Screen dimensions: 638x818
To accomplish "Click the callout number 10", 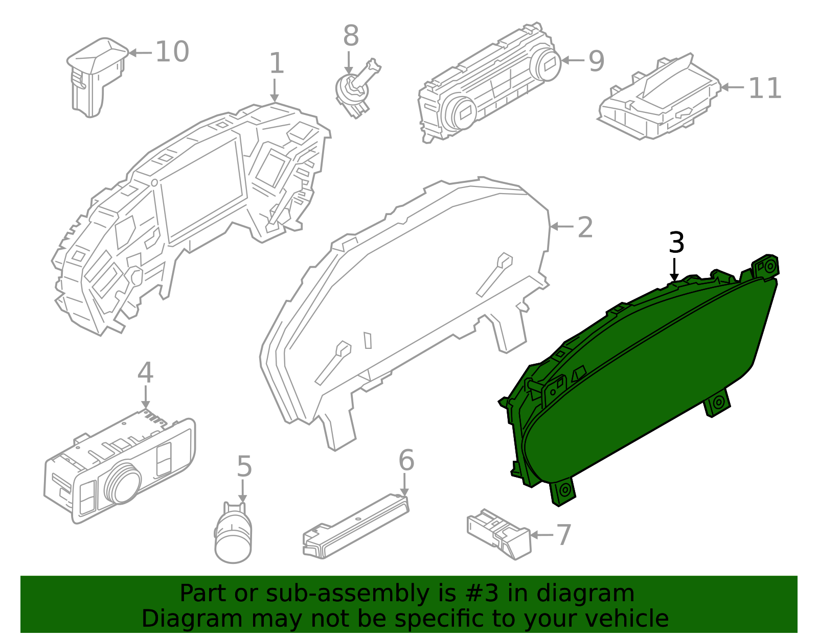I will pos(172,52).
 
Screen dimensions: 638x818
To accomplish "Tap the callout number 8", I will pos(351,36).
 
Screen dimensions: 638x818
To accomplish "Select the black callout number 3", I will pos(676,243).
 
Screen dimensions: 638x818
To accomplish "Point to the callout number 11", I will pos(765,88).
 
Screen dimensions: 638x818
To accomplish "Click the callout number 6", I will pos(406,460).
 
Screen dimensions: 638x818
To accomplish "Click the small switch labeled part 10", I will pos(96,77).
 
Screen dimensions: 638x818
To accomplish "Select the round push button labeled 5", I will pos(234,536).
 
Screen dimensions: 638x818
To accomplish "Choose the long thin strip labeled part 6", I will pos(356,526).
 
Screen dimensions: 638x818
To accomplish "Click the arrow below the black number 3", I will pos(675,270).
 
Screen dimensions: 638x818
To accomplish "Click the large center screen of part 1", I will pos(202,189).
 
